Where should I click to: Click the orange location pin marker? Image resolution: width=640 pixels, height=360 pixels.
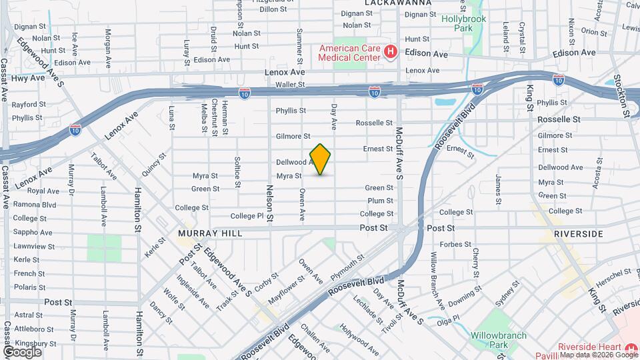click(320, 159)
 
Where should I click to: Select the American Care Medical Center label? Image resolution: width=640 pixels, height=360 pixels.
click(349, 53)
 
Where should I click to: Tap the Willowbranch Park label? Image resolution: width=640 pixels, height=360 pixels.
click(499, 340)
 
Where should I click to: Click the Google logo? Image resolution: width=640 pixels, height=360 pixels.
click(22, 351)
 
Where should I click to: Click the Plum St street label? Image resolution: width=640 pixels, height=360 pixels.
click(380, 201)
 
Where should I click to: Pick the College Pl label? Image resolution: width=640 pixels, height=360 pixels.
click(247, 216)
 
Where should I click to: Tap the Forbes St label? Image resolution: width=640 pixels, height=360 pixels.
click(455, 244)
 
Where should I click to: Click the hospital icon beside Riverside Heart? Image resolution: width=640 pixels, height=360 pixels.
click(631, 348)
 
